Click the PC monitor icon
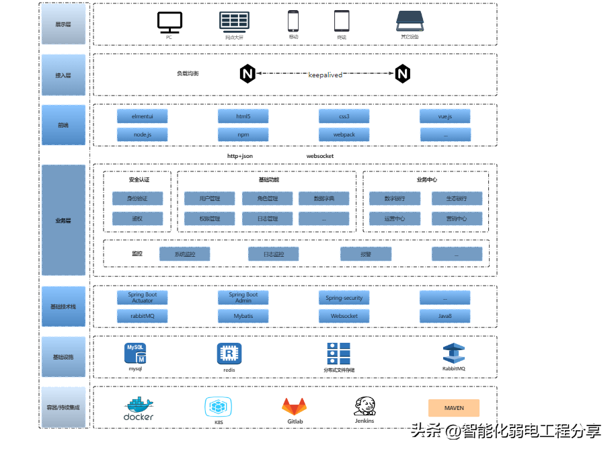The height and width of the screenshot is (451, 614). pos(169,22)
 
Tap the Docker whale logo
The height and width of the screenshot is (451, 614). pos(139,405)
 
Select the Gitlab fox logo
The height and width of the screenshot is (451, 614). pos(295,407)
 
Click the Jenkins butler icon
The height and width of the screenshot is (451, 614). pos(364,405)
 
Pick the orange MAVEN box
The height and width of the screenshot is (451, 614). pos(454,408)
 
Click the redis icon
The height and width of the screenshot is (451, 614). pos(229,354)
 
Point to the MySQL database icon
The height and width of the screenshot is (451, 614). pos(135,354)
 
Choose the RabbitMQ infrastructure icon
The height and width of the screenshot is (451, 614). pos(454,354)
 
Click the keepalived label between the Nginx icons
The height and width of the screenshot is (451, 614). pos(325,75)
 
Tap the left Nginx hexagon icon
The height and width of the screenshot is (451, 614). pos(247,74)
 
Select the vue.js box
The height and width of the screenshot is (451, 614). pos(445,116)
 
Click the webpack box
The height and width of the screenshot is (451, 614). pos(344,134)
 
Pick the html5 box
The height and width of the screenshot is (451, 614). pos(243,116)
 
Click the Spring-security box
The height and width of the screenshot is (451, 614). pos(344,298)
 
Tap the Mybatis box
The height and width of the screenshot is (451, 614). pos(243,316)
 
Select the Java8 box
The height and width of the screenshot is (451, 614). pos(445,316)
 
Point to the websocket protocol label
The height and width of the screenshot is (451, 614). pos(320,156)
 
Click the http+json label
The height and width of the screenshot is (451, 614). pos(240,156)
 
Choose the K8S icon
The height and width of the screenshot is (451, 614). pos(219,407)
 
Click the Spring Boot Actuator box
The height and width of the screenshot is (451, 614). pos(143,298)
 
